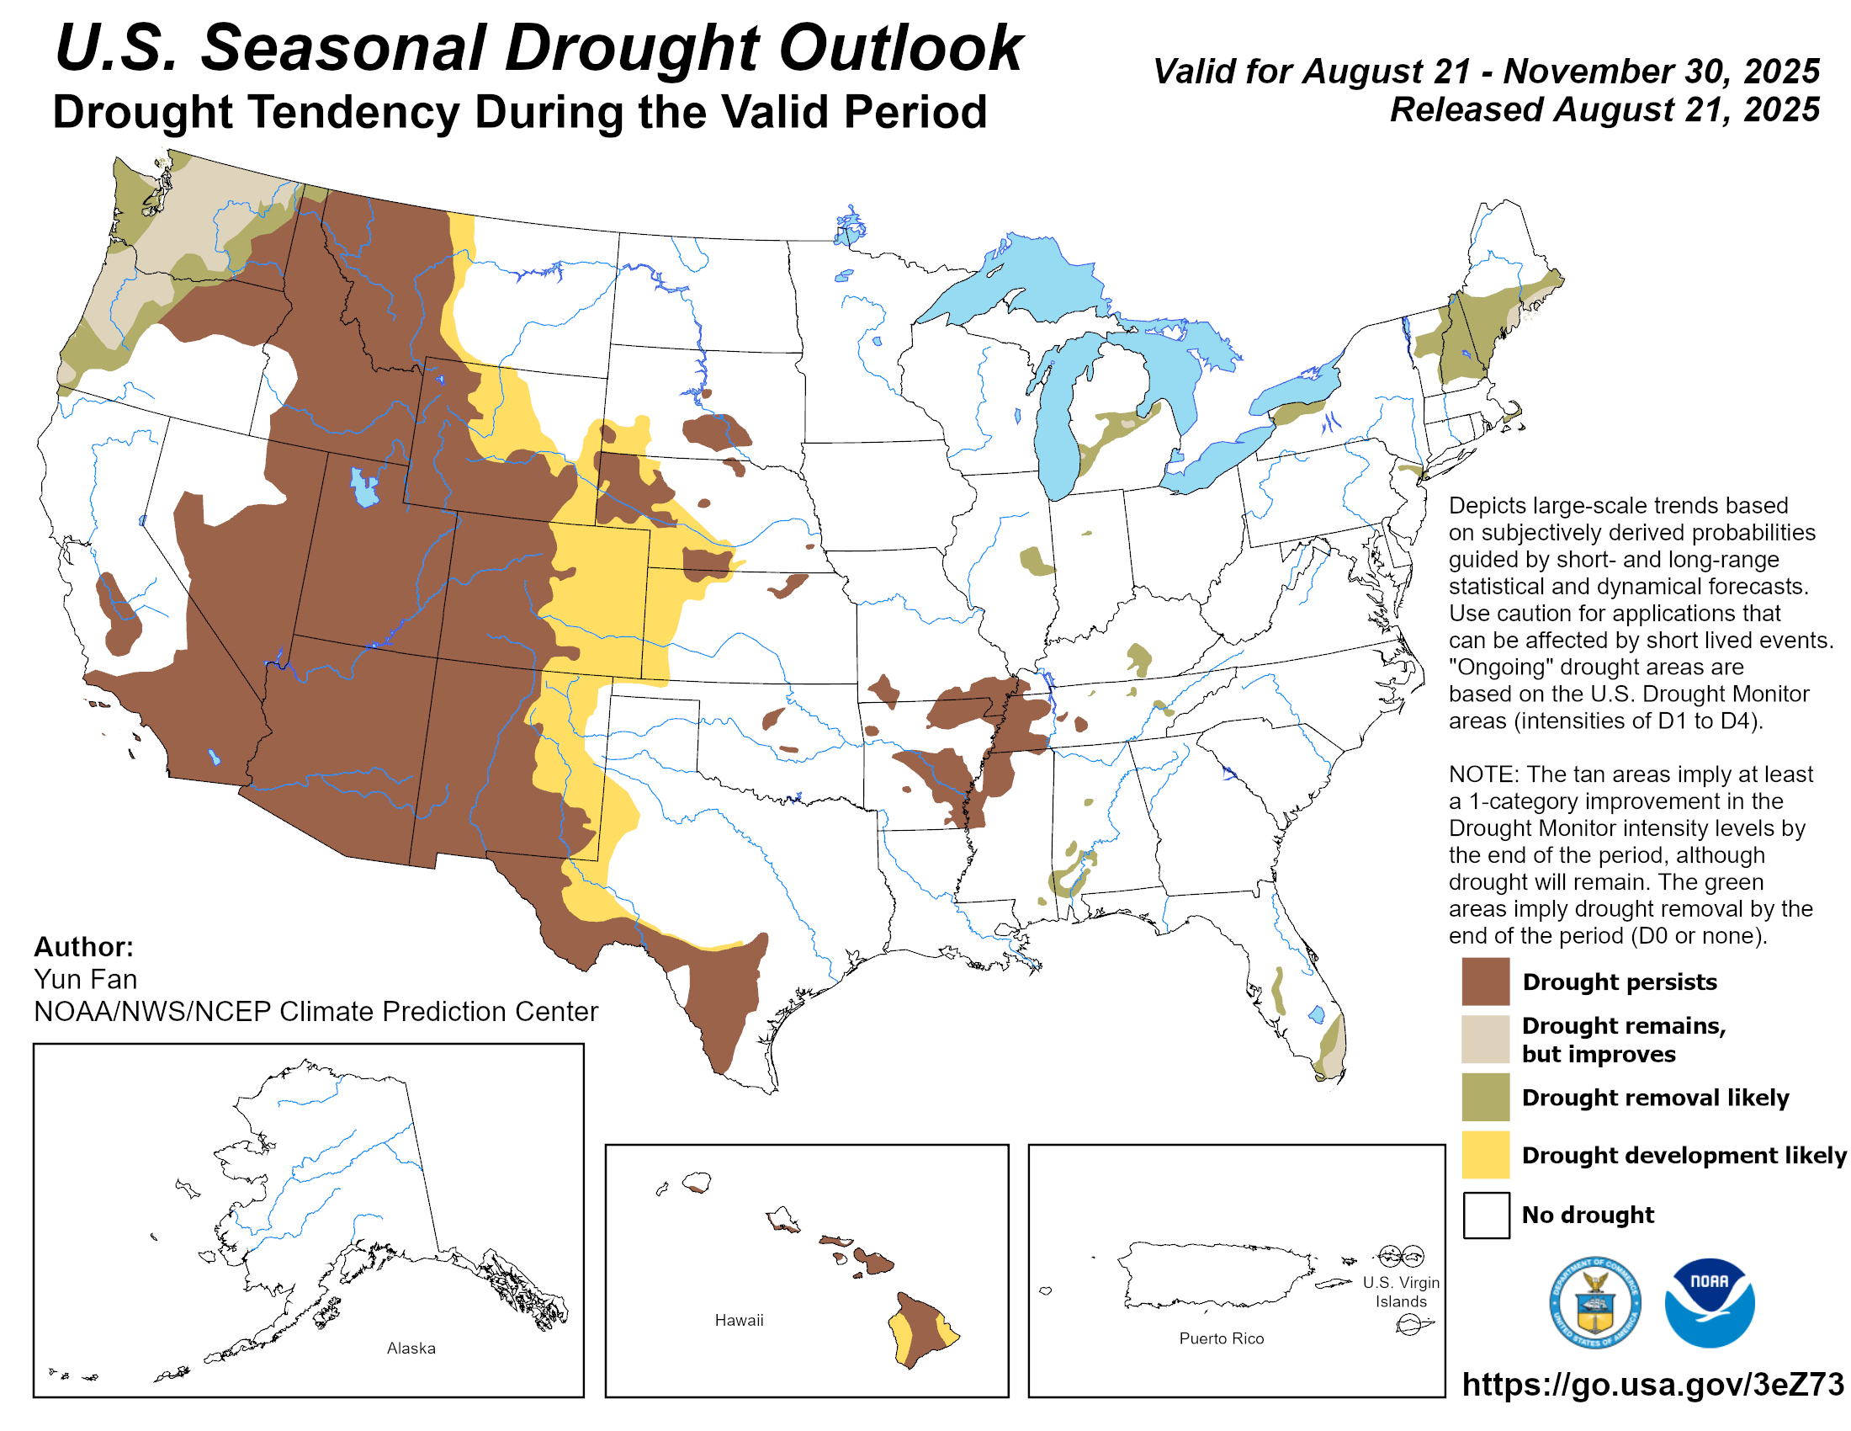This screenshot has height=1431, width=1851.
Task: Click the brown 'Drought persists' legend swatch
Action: click(1485, 981)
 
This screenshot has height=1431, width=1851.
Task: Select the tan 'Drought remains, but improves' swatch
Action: click(1485, 1039)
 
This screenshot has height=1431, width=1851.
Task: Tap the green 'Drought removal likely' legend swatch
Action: click(1485, 1096)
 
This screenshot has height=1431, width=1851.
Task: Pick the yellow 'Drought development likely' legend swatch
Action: click(1485, 1154)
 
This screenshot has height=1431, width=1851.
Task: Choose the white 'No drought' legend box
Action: click(1485, 1214)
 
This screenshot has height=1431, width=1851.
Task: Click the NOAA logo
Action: click(1709, 1302)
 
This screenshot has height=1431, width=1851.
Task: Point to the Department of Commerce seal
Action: click(1594, 1302)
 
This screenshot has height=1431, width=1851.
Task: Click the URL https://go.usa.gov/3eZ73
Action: click(1652, 1385)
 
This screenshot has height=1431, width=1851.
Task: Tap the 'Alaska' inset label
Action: click(411, 1348)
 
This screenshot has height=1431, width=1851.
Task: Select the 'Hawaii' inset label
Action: click(738, 1320)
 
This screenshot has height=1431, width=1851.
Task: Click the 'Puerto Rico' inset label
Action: click(1221, 1338)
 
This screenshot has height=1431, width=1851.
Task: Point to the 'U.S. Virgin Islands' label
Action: click(1400, 1292)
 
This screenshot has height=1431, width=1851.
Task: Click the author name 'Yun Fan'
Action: click(86, 979)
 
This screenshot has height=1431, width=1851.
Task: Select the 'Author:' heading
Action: click(84, 946)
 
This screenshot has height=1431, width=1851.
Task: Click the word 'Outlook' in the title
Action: click(900, 48)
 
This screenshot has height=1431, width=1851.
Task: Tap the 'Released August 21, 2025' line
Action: click(1604, 109)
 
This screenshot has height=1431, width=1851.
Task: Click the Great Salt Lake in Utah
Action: click(364, 487)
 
